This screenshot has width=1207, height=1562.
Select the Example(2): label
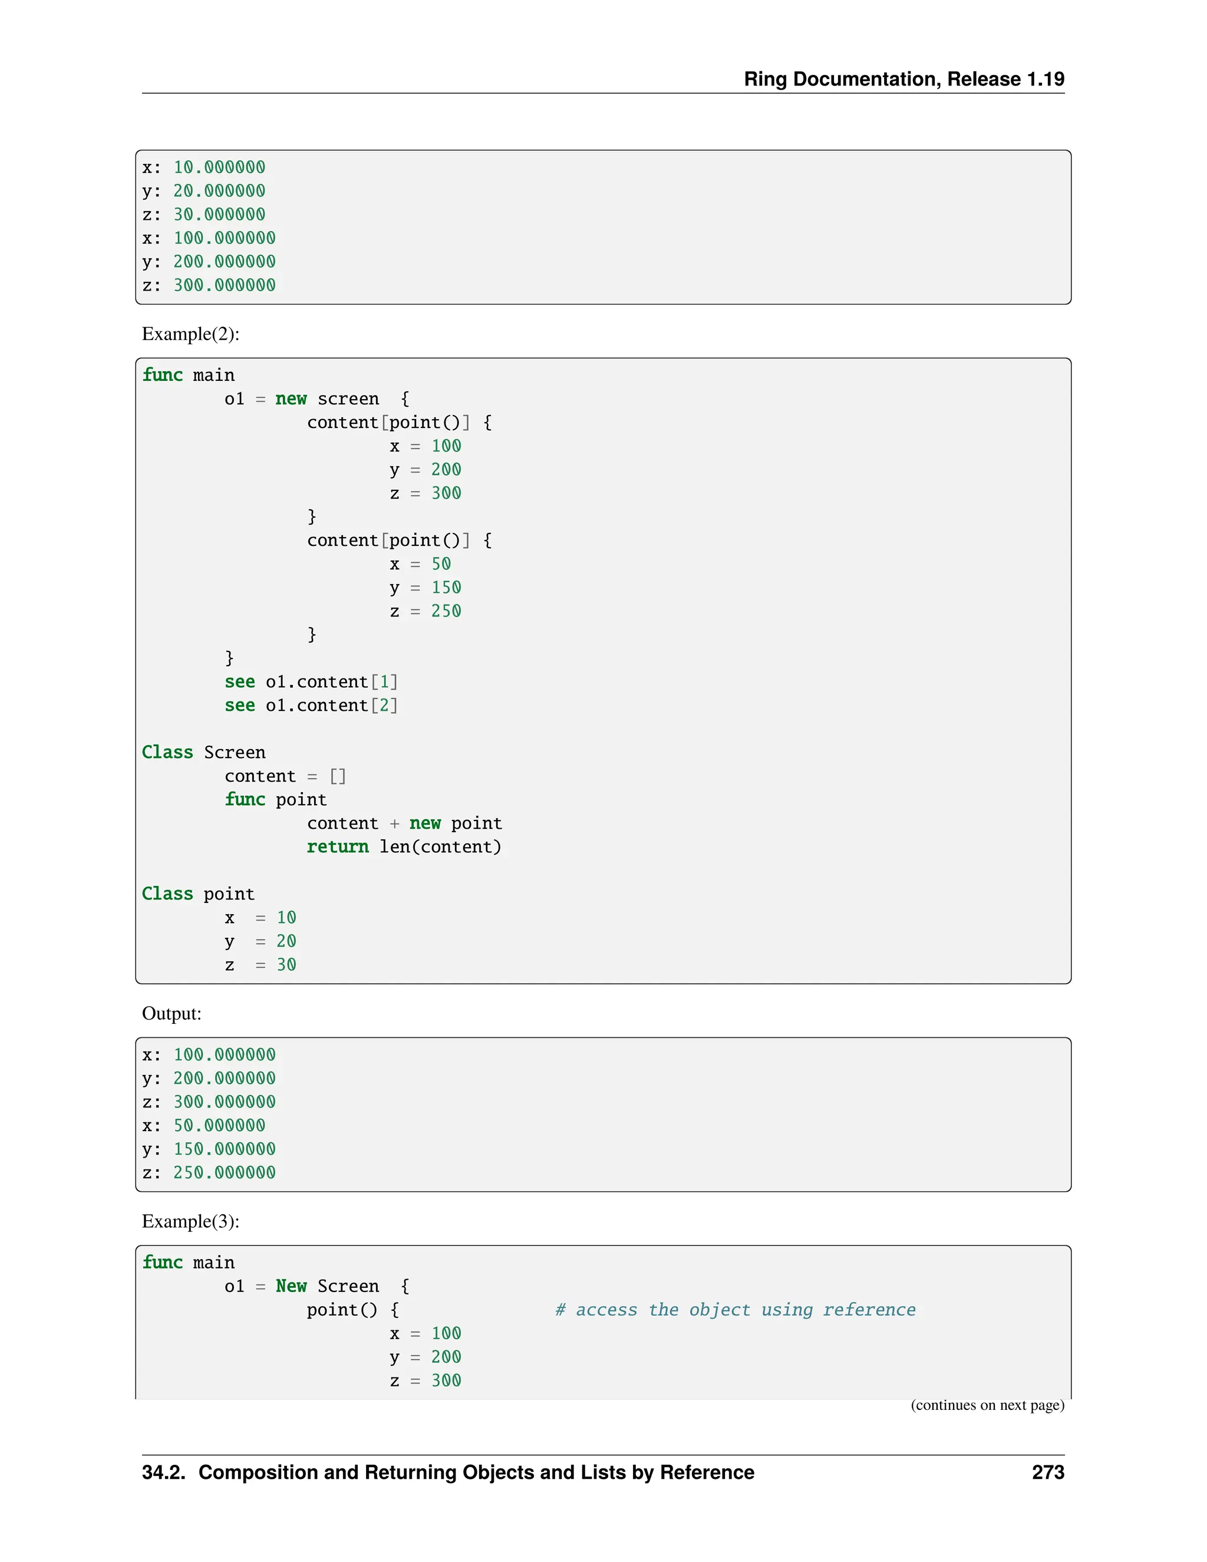190,334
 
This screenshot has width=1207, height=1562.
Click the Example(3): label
190,1221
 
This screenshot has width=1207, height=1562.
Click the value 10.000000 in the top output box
219,167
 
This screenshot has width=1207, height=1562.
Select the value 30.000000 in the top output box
219,215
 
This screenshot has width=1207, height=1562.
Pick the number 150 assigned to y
446,588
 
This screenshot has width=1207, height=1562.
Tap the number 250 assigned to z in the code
446,611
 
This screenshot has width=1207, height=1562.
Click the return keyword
338,847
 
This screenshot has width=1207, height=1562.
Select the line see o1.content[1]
311,683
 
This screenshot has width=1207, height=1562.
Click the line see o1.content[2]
311,706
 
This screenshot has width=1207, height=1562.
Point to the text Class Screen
204,752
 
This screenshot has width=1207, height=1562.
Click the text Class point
198,894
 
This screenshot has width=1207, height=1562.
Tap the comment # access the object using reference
735,1310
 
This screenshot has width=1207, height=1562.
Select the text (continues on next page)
987,1405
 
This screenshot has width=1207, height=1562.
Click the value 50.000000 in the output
219,1126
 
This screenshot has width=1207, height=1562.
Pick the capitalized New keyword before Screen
291,1286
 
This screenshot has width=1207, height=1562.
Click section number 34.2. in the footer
164,1472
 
